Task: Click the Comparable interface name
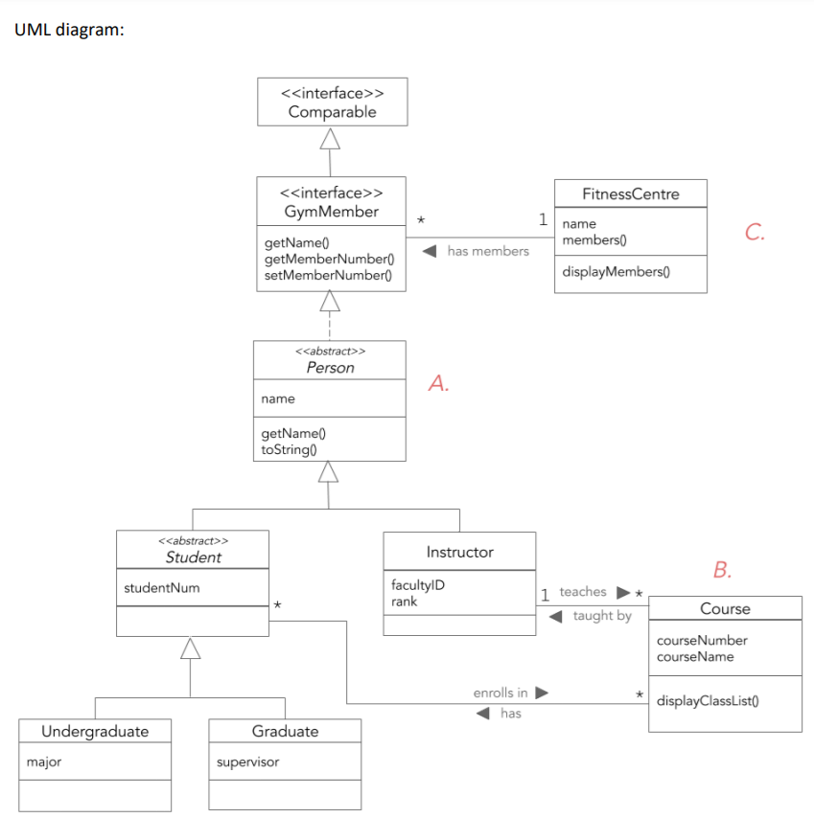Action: pos(332,112)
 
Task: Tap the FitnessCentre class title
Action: pos(630,193)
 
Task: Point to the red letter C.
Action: pos(755,232)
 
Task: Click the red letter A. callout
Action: pos(439,384)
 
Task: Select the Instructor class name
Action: pos(459,552)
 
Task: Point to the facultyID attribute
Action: pos(417,585)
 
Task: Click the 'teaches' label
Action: pos(583,592)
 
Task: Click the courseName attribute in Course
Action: pos(695,656)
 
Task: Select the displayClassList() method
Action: pos(709,700)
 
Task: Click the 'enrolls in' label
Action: pos(500,692)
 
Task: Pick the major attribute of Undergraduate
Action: pos(44,762)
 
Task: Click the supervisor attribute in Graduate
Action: pos(247,762)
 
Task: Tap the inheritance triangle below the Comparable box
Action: pos(330,140)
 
